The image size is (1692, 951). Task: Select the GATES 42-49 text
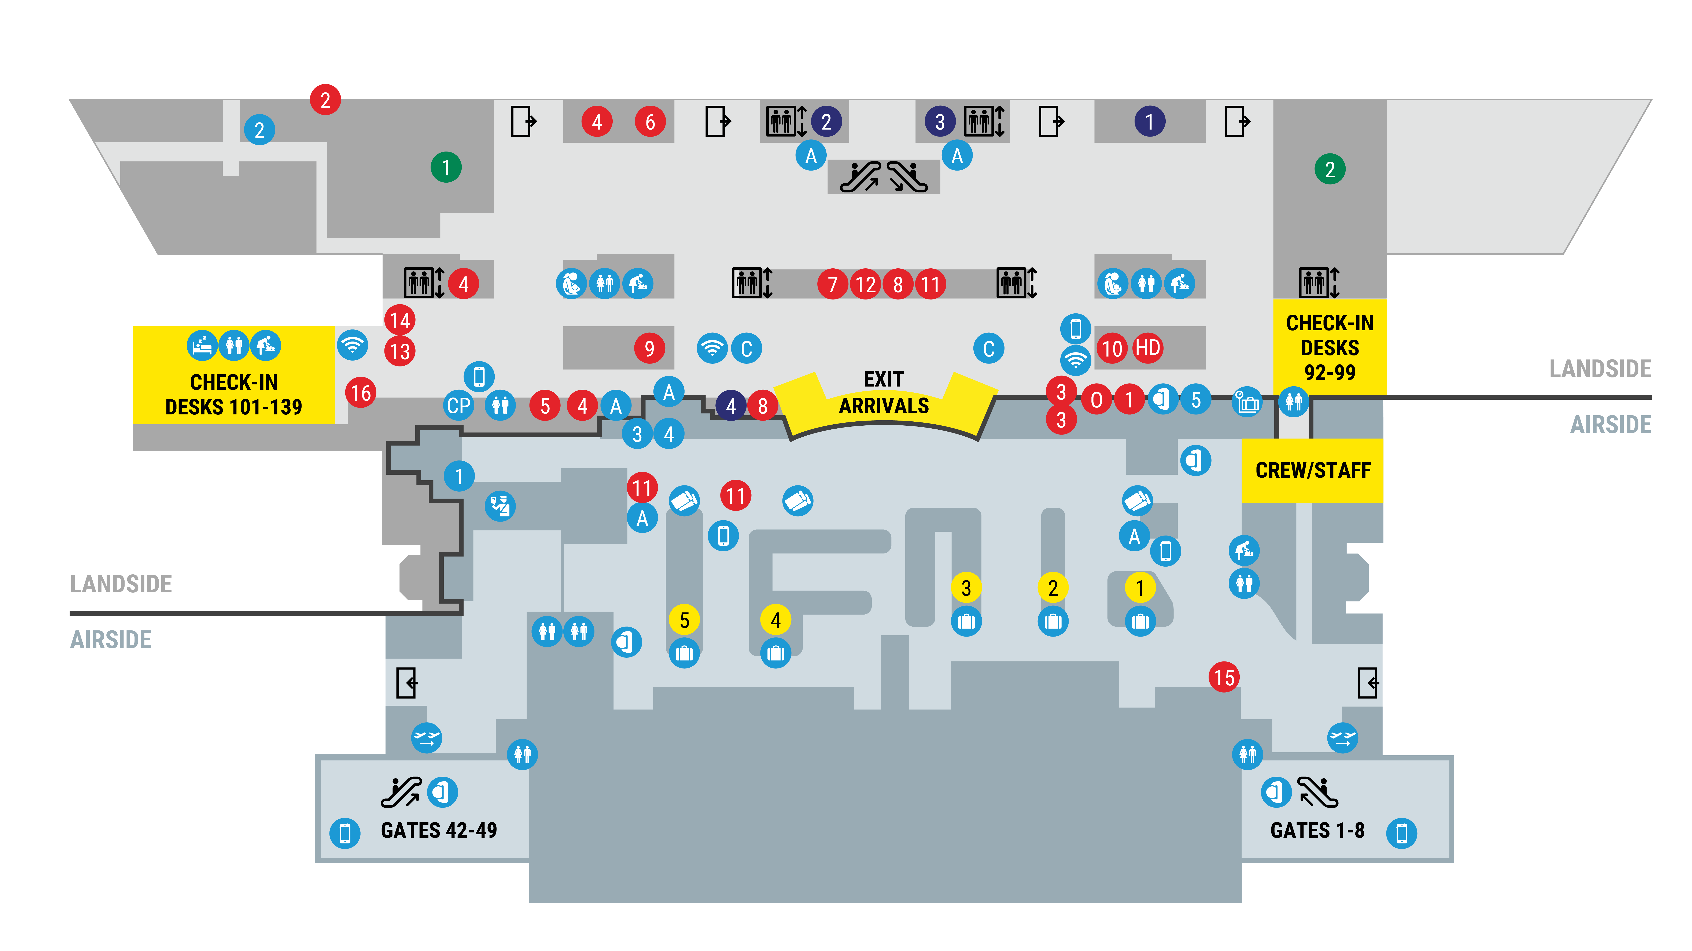[439, 830]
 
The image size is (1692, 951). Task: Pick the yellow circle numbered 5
[684, 620]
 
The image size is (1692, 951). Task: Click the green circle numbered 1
[446, 167]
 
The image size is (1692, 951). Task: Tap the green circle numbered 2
[1330, 169]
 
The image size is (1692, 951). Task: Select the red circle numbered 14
[400, 320]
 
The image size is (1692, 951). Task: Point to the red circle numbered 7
[833, 284]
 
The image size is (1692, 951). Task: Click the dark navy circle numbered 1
[1149, 122]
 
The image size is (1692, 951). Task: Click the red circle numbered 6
[650, 122]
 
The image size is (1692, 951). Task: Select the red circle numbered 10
[1112, 348]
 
